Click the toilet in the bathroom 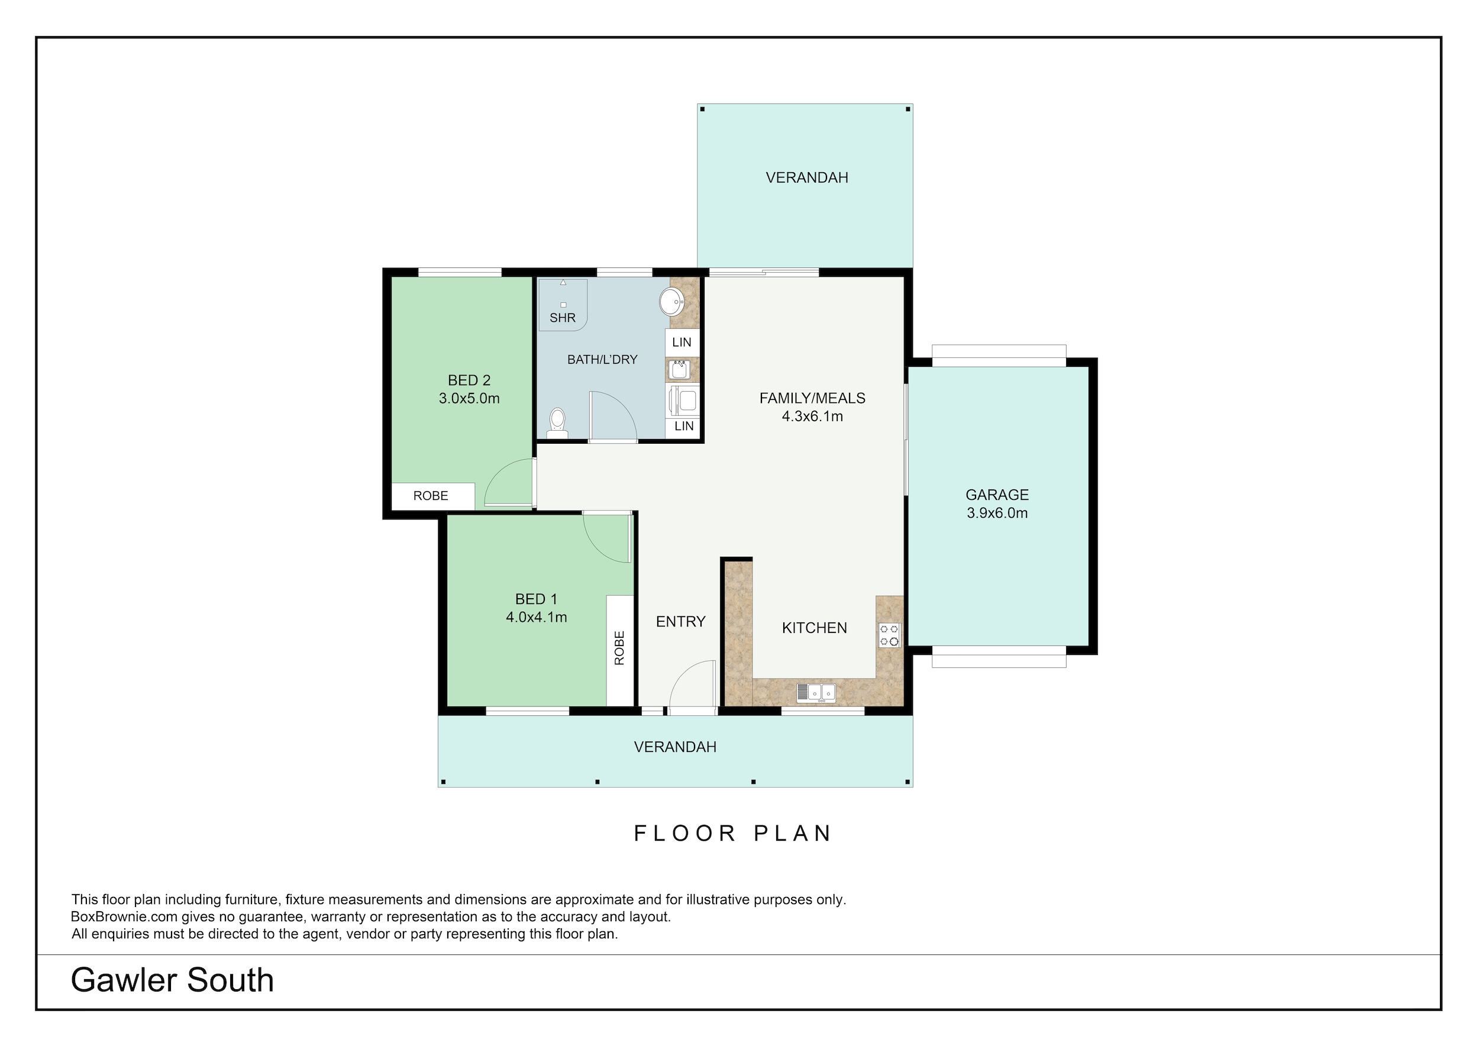557,422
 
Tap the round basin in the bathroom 672,301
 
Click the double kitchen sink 816,692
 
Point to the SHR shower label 563,318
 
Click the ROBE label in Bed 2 431,495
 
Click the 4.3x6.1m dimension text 812,416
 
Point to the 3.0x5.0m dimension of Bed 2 469,398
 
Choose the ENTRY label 681,622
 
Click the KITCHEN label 814,628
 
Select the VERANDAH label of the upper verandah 807,177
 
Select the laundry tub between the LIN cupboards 680,370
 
